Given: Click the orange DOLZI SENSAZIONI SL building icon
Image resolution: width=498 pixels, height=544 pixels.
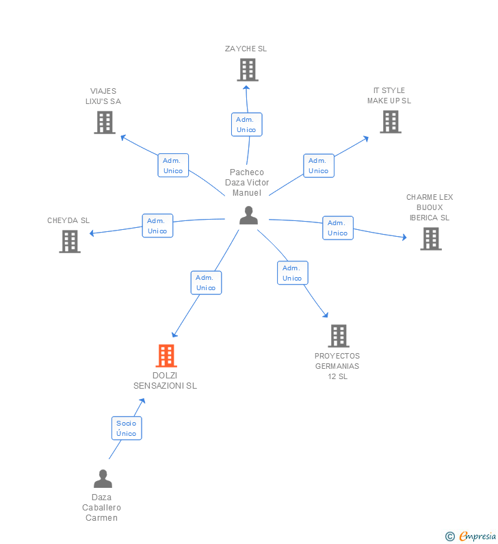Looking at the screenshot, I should point(166,356).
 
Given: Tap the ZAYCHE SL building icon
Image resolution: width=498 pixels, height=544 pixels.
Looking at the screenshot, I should point(247,70).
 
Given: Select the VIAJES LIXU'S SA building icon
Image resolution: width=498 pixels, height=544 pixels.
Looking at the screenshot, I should point(104,122).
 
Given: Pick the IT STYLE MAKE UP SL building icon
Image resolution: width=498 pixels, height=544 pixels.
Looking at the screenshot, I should point(390,122).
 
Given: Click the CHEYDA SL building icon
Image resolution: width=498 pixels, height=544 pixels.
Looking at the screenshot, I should point(70,242).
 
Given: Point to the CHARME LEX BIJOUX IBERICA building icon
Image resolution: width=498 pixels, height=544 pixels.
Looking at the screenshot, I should point(430,239).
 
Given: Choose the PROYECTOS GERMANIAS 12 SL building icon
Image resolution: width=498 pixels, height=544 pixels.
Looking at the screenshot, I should point(338,336).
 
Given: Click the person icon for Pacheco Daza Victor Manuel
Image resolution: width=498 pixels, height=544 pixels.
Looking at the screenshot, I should point(248,216).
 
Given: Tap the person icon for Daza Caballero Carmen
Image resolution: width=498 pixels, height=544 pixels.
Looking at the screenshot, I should point(103,478).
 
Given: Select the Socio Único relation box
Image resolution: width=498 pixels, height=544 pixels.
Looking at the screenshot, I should point(127,428).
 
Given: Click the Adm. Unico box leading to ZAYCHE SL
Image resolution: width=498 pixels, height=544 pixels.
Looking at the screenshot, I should point(246,125).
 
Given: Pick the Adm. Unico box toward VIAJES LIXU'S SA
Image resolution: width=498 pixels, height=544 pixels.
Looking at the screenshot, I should point(173,166).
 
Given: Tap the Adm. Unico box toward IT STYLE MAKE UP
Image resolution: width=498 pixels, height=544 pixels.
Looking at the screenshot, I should point(318,166).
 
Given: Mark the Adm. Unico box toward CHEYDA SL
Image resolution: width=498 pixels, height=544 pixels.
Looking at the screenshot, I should point(157,226).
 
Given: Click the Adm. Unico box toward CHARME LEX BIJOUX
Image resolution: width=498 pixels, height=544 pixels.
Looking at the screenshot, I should point(337,228).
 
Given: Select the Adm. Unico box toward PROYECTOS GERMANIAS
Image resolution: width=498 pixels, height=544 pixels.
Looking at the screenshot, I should point(292,273).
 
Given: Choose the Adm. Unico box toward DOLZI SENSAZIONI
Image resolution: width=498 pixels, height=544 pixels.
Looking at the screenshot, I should point(206,283).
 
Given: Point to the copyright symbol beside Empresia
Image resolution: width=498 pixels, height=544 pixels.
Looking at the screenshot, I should point(450,536).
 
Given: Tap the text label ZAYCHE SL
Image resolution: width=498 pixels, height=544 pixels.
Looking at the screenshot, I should point(246,49).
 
